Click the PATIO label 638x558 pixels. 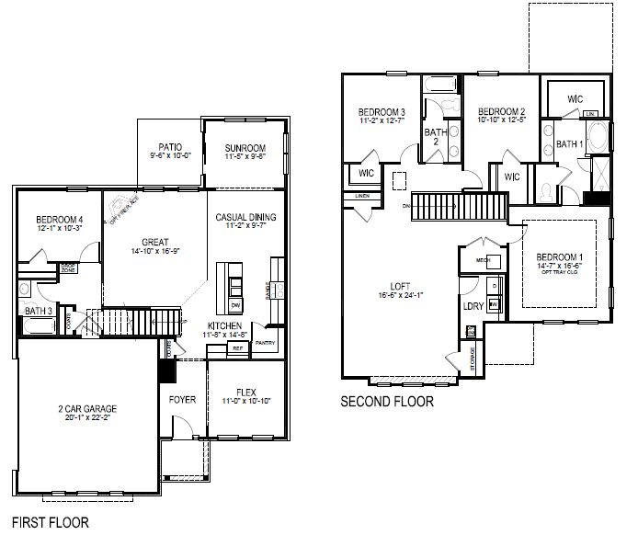point(170,147)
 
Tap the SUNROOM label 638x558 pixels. point(245,148)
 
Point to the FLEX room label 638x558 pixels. point(245,389)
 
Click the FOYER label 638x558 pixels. point(184,400)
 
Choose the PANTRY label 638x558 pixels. point(265,343)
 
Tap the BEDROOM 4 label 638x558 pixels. point(60,219)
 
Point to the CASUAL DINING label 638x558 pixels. point(245,218)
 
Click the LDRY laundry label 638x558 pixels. point(473,305)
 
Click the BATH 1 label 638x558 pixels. point(569,144)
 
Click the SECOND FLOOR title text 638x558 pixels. point(387,401)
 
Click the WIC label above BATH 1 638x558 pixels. point(575,98)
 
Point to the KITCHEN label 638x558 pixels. point(224,326)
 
